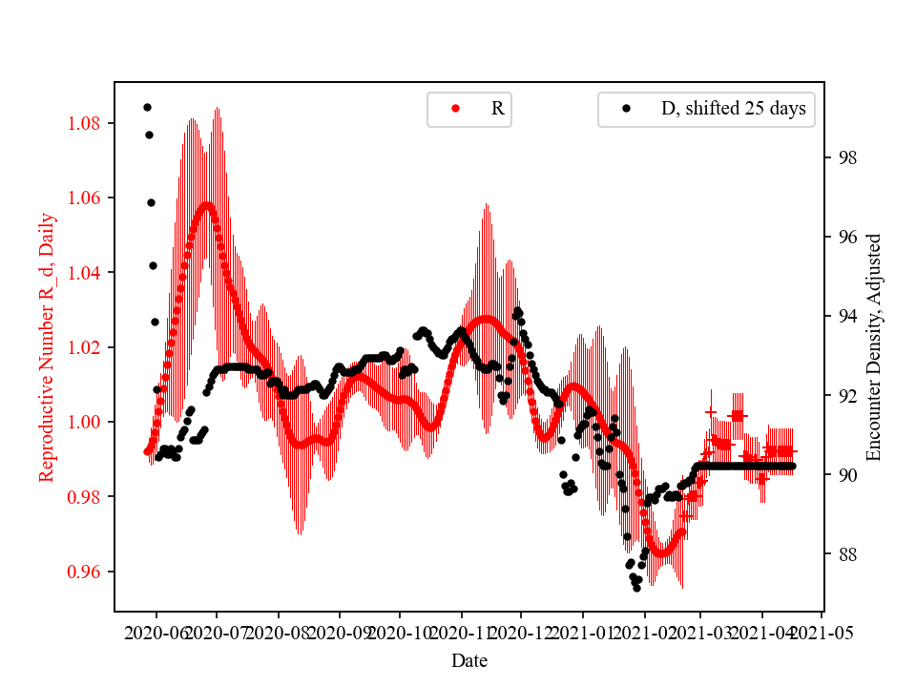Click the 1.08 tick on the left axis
pyautogui.click(x=89, y=123)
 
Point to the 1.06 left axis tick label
pyautogui.click(x=89, y=198)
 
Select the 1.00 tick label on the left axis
pyautogui.click(x=89, y=423)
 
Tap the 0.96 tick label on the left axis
pyautogui.click(x=89, y=572)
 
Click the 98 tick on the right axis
pyautogui.click(x=843, y=157)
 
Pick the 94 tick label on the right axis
pyautogui.click(x=843, y=316)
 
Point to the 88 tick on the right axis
pyautogui.click(x=843, y=554)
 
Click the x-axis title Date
pyautogui.click(x=469, y=659)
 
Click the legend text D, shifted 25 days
pyautogui.click(x=733, y=109)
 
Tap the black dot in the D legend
pyautogui.click(x=626, y=109)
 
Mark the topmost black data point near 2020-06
pyautogui.click(x=147, y=107)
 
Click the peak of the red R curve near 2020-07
pyautogui.click(x=206, y=204)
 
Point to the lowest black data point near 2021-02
pyautogui.click(x=636, y=588)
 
